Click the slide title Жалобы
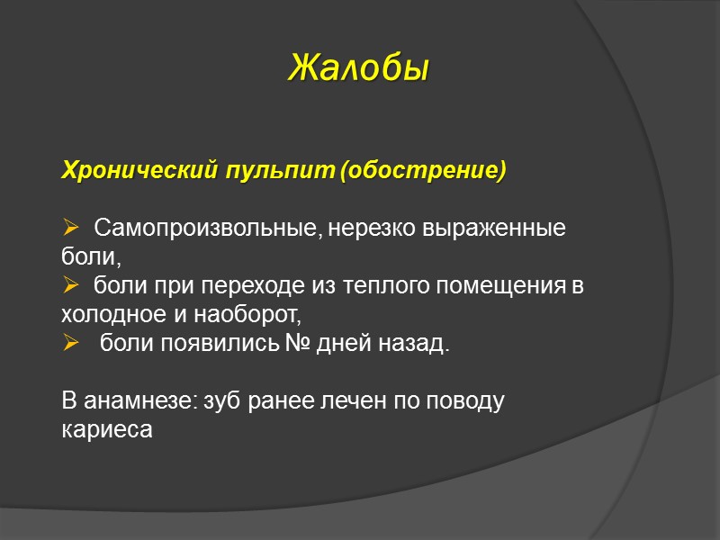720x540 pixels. [358, 67]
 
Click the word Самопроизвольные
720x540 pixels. [204, 228]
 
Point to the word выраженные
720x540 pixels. [494, 228]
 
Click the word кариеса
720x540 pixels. [106, 430]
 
